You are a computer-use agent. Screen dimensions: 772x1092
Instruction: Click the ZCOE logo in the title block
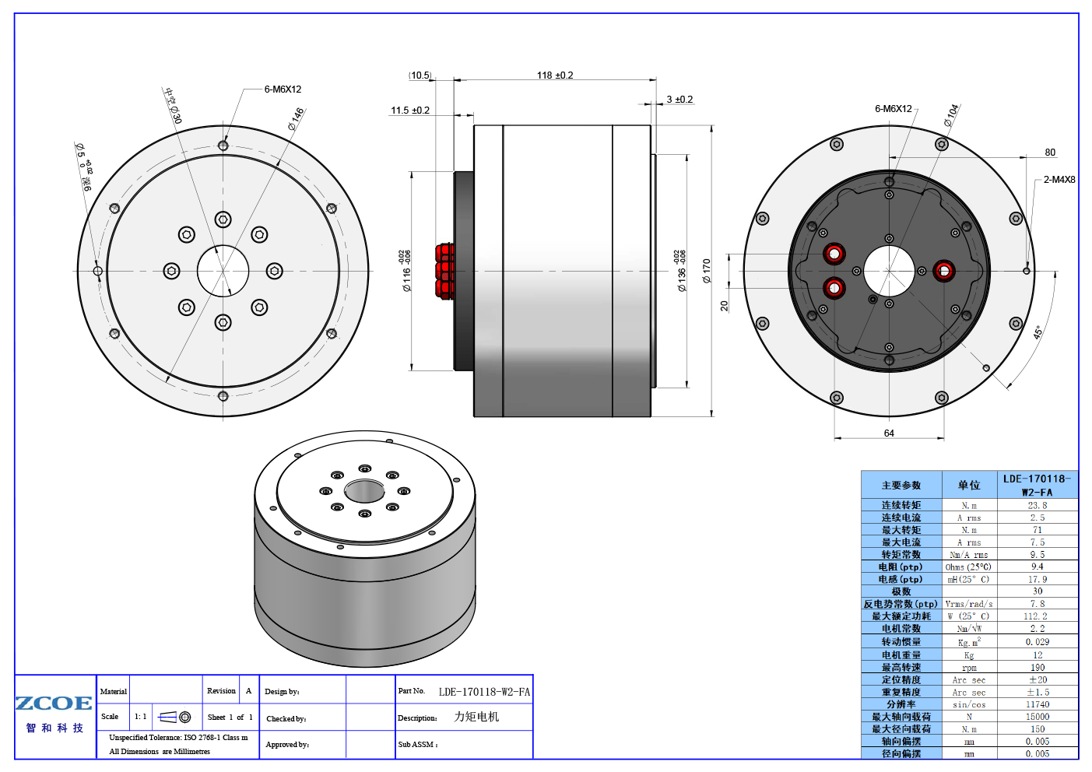click(54, 704)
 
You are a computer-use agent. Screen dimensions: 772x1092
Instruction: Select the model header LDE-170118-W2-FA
click(1037, 485)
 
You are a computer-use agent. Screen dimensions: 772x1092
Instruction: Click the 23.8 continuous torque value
click(1038, 505)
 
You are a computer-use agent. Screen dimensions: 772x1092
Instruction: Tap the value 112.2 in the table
click(1036, 616)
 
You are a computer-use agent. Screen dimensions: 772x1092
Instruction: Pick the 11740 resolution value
click(1038, 704)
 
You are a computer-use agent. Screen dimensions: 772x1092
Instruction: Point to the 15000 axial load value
click(1038, 717)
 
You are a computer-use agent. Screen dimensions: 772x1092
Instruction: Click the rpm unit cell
click(969, 668)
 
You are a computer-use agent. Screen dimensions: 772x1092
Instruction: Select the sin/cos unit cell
click(969, 704)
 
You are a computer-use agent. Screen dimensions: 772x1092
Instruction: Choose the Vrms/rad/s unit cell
click(969, 604)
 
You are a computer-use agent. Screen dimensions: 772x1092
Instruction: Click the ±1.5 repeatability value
click(1038, 692)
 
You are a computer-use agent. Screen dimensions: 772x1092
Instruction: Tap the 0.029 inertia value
click(1038, 642)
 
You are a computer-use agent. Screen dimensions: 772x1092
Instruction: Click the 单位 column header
click(969, 485)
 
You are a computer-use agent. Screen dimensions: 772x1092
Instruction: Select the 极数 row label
click(901, 591)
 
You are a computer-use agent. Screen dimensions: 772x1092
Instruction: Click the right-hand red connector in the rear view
click(944, 271)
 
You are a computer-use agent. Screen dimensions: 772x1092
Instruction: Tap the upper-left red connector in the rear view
click(834, 254)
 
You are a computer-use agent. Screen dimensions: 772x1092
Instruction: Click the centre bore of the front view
click(223, 271)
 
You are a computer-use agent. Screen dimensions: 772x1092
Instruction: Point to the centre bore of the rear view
click(889, 271)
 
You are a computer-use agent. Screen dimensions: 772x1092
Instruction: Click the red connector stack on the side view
click(445, 271)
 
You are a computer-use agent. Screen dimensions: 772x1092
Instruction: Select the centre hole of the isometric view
click(364, 491)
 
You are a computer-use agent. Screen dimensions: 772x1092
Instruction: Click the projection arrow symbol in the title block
click(167, 717)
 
